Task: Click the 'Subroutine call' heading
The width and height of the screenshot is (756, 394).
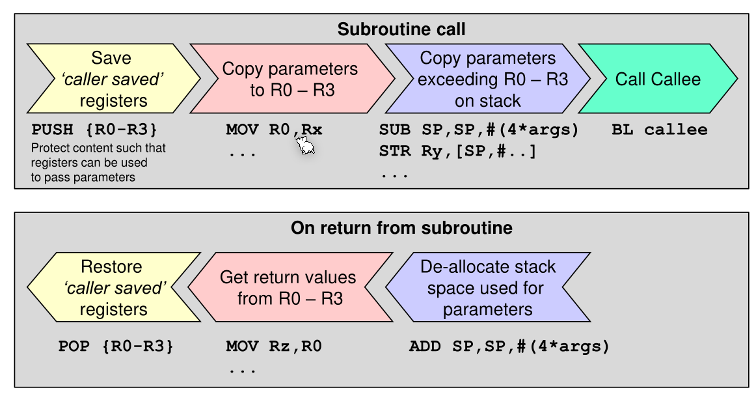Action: click(401, 29)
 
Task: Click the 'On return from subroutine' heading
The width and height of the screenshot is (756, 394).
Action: click(401, 228)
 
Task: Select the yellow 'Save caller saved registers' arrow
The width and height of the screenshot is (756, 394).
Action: click(111, 79)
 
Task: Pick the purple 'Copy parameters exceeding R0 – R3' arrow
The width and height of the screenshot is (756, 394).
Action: click(487, 79)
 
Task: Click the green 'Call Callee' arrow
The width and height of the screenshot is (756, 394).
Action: click(658, 79)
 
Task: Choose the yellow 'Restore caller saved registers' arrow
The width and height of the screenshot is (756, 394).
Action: click(114, 288)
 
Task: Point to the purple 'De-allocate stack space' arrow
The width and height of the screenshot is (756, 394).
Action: click(487, 288)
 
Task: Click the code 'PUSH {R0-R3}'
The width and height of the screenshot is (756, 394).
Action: click(94, 130)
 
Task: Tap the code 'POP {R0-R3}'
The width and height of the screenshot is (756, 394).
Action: click(116, 346)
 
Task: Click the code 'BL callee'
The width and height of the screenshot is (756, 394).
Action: click(659, 130)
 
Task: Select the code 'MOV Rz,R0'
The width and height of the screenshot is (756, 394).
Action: click(274, 346)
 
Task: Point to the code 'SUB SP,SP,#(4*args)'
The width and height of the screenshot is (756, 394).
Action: click(479, 130)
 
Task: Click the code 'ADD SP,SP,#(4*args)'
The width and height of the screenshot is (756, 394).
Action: click(509, 346)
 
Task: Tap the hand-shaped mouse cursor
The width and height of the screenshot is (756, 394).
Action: click(306, 147)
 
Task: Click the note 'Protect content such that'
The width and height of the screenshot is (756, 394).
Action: click(98, 148)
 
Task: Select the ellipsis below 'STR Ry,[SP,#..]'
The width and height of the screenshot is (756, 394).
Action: click(394, 175)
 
